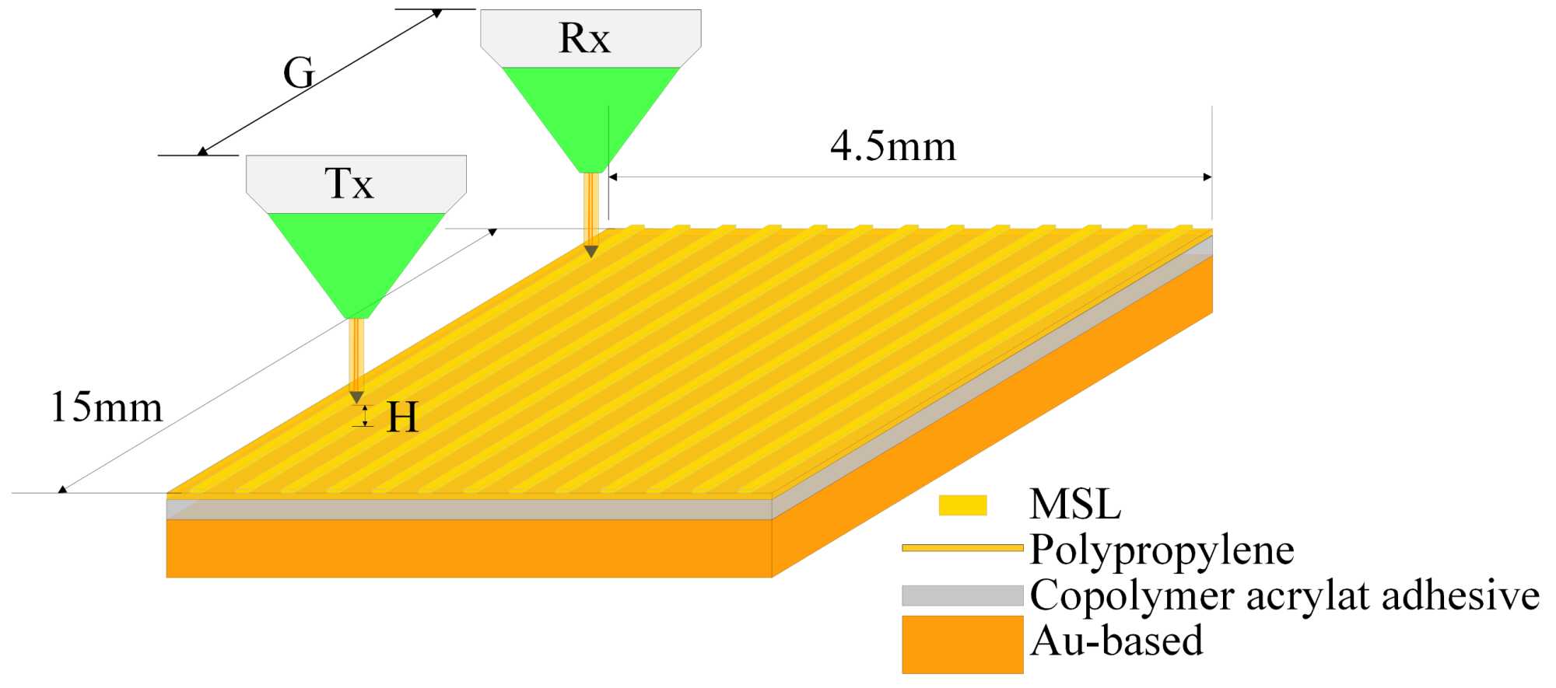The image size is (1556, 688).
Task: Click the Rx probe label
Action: point(584,38)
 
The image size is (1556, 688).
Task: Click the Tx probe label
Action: point(349,183)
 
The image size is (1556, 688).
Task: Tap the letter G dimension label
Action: point(299,74)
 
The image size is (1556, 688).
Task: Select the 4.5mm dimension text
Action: point(893,146)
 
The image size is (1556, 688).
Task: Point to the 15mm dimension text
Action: point(107,407)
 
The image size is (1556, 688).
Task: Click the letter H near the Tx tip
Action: point(402,417)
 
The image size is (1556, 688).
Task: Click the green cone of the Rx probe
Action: point(591,109)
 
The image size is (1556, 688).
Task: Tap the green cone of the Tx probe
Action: point(356,257)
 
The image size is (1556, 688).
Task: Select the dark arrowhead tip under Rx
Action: point(591,252)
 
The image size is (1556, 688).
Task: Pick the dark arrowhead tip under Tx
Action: point(356,398)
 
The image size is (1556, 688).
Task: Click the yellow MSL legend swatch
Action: point(962,505)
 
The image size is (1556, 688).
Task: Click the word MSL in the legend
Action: point(1075,505)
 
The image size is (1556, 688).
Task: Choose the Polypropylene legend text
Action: point(1162,550)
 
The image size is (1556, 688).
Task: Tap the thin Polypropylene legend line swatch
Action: point(962,548)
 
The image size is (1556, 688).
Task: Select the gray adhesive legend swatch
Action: point(962,595)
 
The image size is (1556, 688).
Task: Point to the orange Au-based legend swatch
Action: point(962,644)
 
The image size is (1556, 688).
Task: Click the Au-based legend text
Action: point(1116,641)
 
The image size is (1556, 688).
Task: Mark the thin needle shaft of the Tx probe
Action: point(356,354)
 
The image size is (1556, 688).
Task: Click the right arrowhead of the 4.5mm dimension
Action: point(1207,177)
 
